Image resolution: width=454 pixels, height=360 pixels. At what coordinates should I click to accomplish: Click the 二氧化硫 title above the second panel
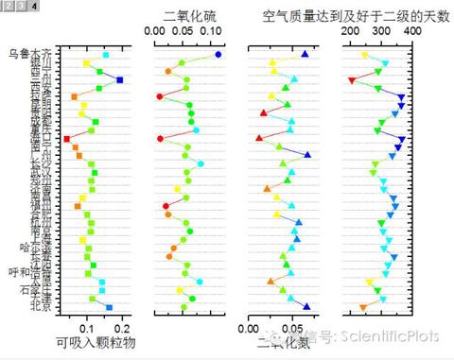click(x=189, y=15)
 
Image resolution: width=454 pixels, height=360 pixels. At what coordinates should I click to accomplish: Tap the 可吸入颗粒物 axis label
click(x=96, y=341)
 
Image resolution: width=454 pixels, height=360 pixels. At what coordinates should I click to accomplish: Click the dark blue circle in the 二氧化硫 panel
click(x=218, y=55)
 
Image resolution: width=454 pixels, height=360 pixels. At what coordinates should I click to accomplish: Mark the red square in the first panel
click(x=66, y=139)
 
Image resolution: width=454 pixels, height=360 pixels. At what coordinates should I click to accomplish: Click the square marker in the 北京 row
click(x=109, y=307)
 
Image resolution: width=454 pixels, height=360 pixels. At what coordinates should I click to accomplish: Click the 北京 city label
click(x=41, y=306)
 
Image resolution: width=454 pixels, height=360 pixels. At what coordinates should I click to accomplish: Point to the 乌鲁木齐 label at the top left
click(x=25, y=54)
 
